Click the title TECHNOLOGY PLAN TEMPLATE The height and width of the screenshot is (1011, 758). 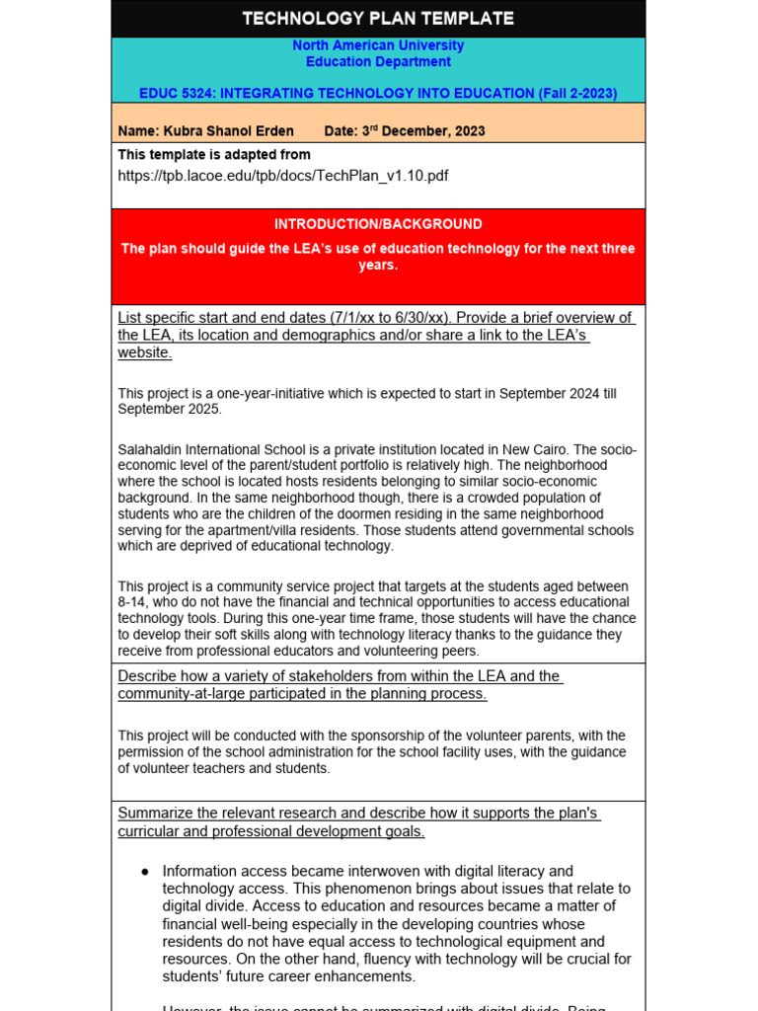click(x=378, y=19)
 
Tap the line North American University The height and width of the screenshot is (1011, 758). click(x=378, y=45)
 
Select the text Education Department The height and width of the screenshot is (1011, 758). click(x=378, y=61)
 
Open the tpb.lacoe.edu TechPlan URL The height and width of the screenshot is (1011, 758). click(x=282, y=175)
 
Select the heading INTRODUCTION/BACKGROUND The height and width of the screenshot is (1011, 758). click(x=378, y=224)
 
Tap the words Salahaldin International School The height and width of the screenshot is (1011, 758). click(x=209, y=450)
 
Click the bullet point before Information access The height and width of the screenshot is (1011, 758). click(x=145, y=872)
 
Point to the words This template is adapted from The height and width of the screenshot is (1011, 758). click(x=214, y=155)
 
